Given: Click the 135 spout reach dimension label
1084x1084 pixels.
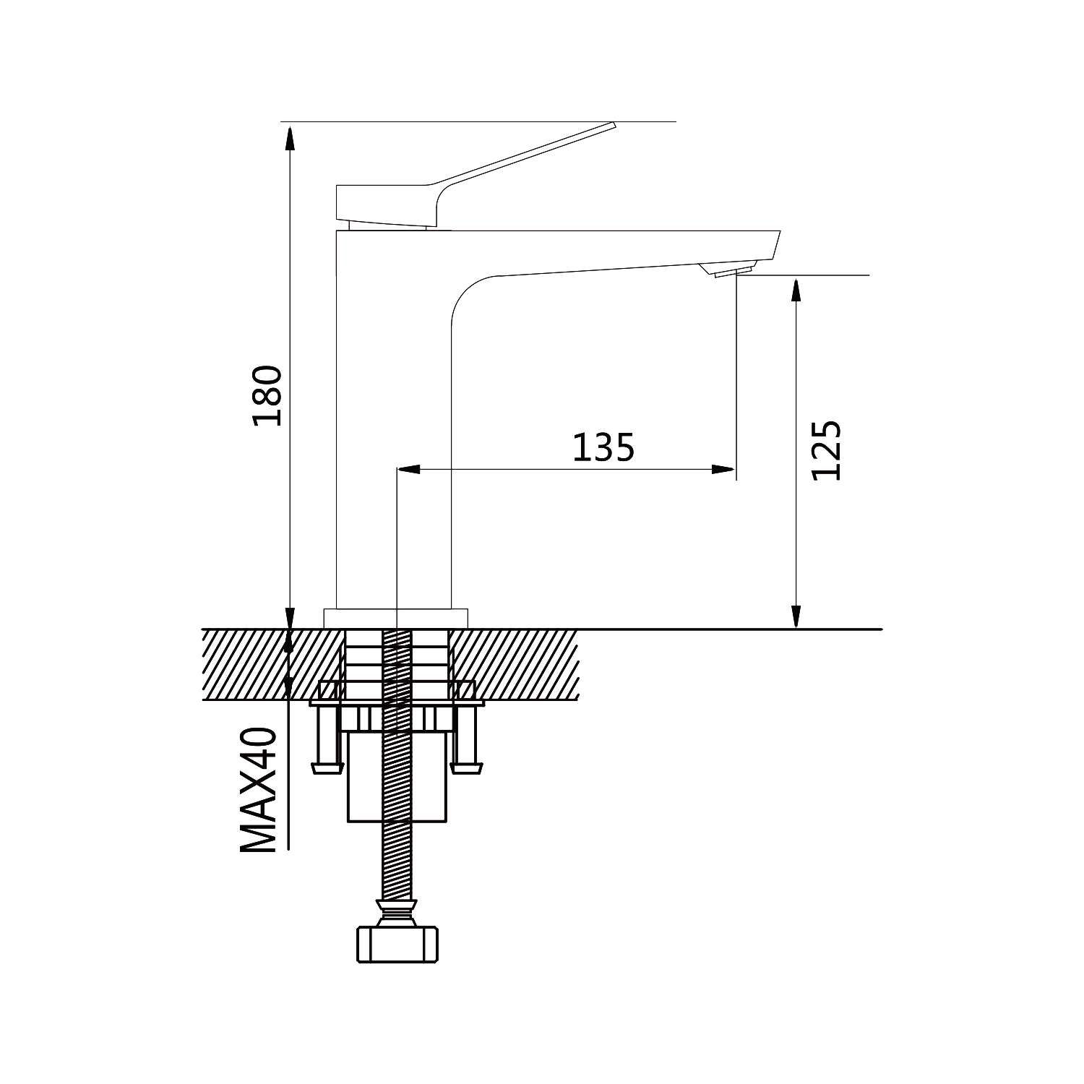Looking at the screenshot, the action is (x=603, y=447).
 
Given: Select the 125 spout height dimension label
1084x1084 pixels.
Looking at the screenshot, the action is (x=826, y=450).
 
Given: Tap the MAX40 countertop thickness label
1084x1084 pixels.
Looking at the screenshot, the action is (x=258, y=791).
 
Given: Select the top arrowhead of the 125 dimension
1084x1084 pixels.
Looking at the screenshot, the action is (x=796, y=290).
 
